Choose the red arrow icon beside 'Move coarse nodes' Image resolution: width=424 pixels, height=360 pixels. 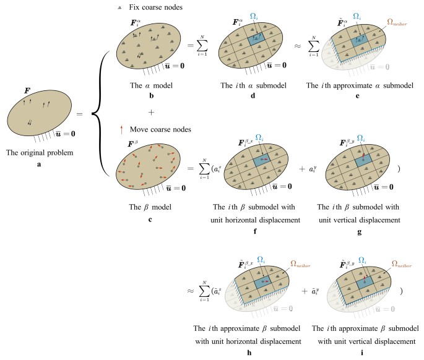[x=123, y=130]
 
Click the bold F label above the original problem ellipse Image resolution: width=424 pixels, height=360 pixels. [x=27, y=90]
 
